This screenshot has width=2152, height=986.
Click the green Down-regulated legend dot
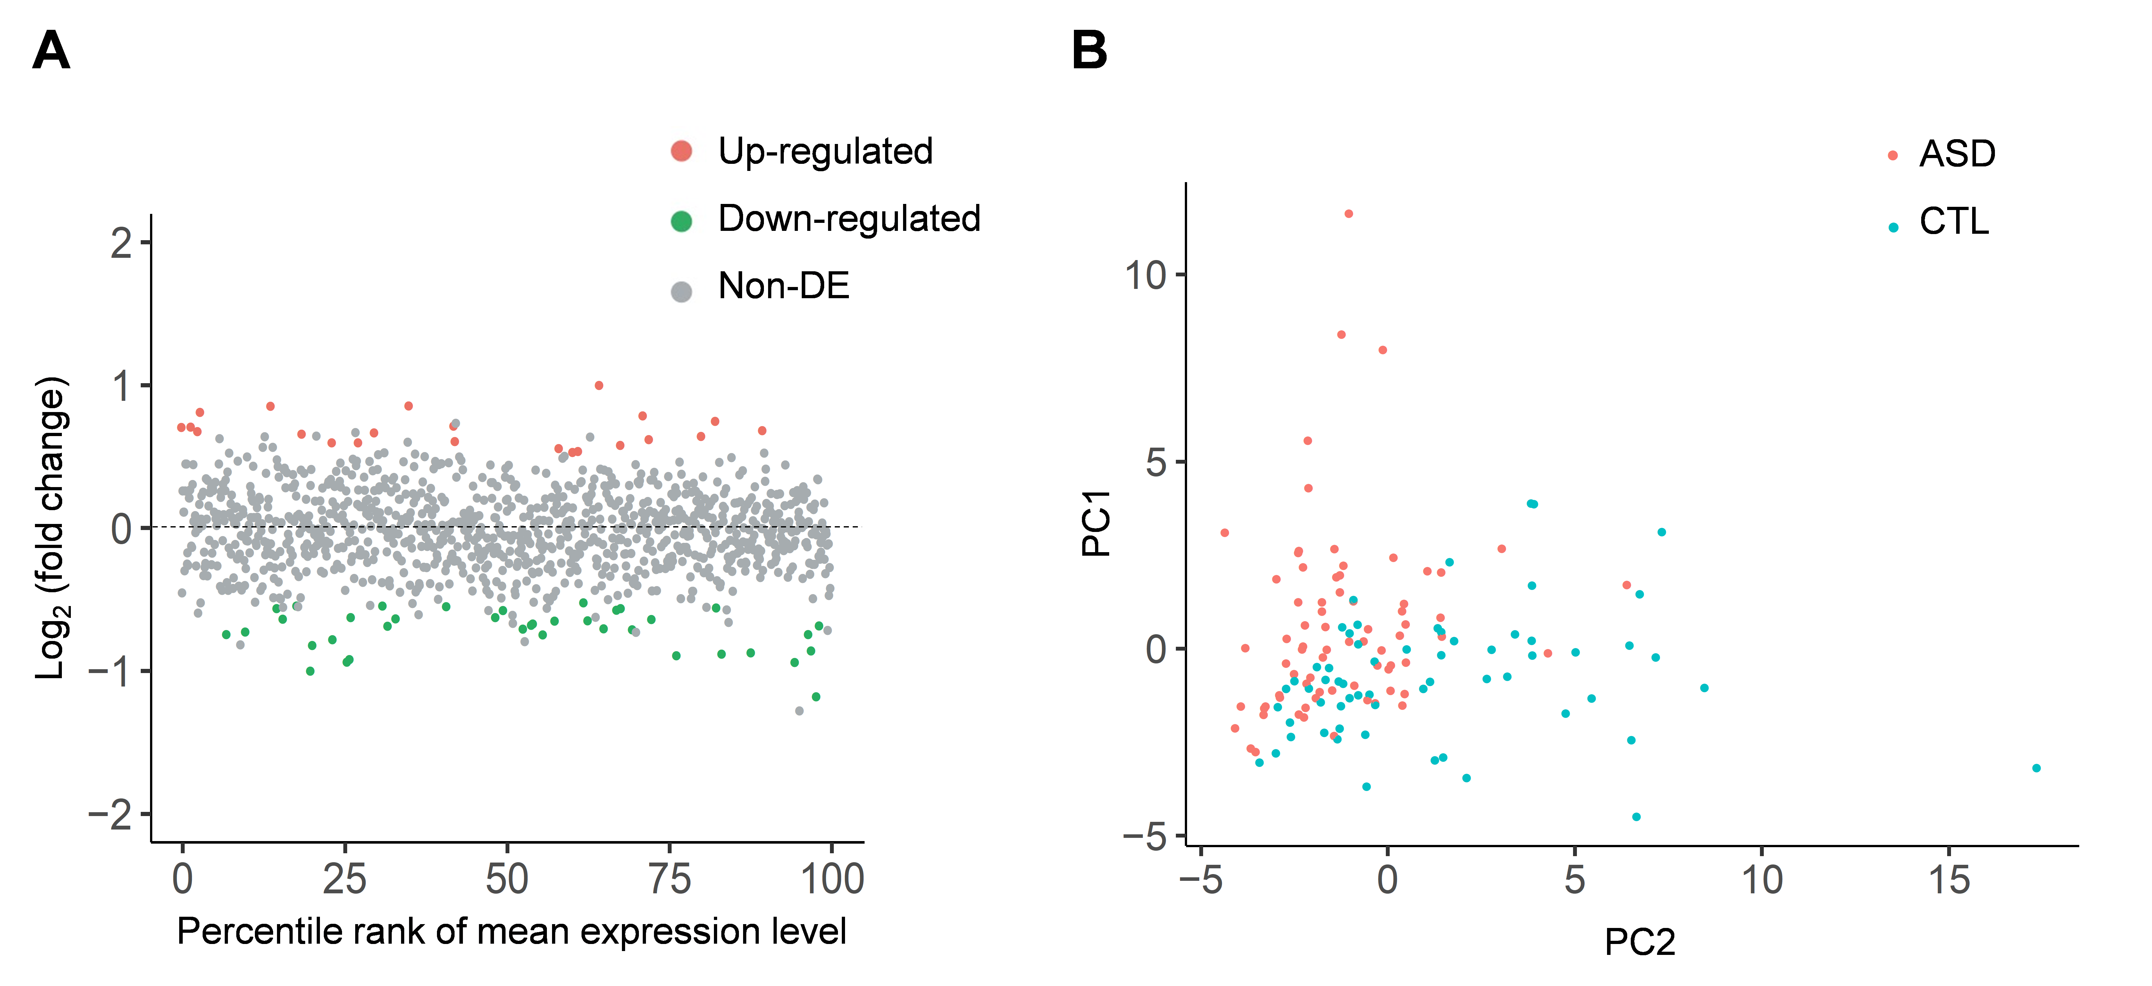682,222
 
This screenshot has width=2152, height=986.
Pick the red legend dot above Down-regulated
682,151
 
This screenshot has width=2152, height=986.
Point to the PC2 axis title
1639,942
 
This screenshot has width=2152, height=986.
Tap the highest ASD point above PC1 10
1348,214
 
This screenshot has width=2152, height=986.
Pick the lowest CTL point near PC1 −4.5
1636,816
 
